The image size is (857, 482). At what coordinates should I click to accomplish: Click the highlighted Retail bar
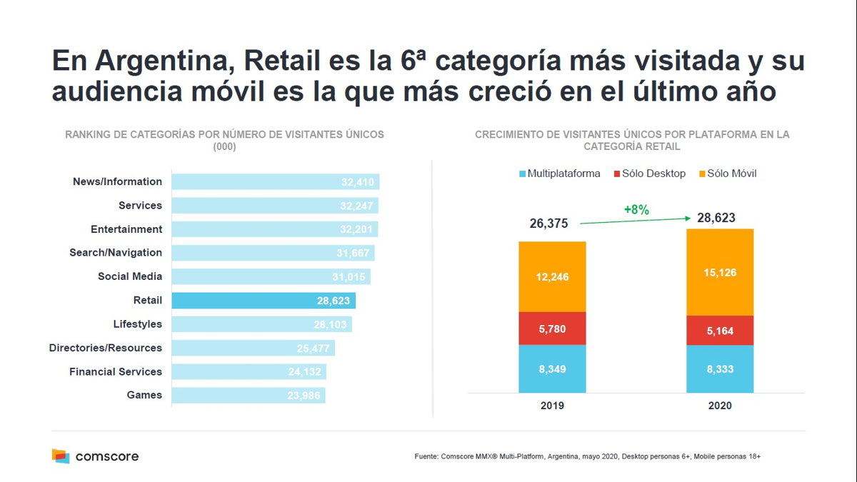264,301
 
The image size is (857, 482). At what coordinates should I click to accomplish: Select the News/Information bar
275,182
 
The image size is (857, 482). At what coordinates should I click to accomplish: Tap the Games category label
144,395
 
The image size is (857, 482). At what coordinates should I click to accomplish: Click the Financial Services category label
116,371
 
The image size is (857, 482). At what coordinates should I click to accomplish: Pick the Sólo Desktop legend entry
648,174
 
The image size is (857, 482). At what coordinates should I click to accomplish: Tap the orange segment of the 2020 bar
719,272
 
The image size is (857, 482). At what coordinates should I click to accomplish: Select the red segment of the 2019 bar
552,328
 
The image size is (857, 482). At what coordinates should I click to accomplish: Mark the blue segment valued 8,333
719,369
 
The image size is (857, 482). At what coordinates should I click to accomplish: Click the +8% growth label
636,210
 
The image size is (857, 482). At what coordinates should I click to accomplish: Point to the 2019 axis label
552,405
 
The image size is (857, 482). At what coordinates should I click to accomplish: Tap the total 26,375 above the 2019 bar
548,224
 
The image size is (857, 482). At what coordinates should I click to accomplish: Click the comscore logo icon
61,456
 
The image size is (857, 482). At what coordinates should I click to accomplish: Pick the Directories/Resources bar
253,348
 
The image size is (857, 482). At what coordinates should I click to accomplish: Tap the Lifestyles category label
137,324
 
